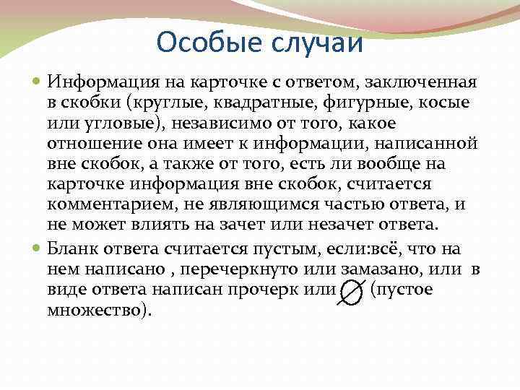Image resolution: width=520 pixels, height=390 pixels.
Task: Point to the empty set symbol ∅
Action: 350,292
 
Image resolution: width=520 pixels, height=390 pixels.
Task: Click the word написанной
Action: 423,144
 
